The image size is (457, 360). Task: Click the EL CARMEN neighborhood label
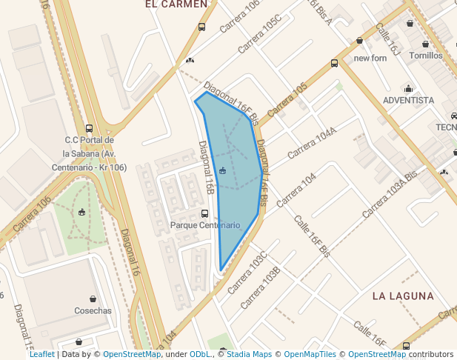(176, 4)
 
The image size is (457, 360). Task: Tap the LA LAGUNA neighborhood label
(403, 296)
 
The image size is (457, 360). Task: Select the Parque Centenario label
(205, 224)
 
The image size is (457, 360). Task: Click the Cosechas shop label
(93, 310)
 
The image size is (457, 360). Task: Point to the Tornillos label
(425, 56)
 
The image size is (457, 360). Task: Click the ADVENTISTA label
(408, 100)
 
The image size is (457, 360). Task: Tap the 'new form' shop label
(370, 58)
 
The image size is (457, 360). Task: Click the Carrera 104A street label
(312, 142)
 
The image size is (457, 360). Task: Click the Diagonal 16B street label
(207, 168)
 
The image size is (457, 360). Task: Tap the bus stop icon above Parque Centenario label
(205, 213)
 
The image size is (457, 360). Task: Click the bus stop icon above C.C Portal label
(89, 128)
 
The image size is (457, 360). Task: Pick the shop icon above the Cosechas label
(93, 299)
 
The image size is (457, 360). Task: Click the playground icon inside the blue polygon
(222, 171)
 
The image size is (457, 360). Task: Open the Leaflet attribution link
(41, 355)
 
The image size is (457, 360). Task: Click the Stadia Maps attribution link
(248, 355)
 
